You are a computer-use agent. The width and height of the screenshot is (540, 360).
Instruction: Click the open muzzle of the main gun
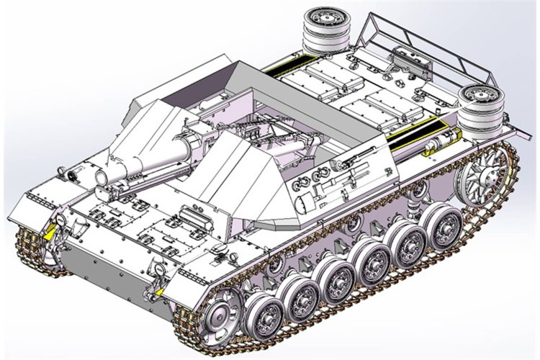(100, 175)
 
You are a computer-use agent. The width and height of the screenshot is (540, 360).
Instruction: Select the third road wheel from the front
(337, 277)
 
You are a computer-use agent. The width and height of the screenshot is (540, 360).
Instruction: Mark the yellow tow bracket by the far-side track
(48, 233)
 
